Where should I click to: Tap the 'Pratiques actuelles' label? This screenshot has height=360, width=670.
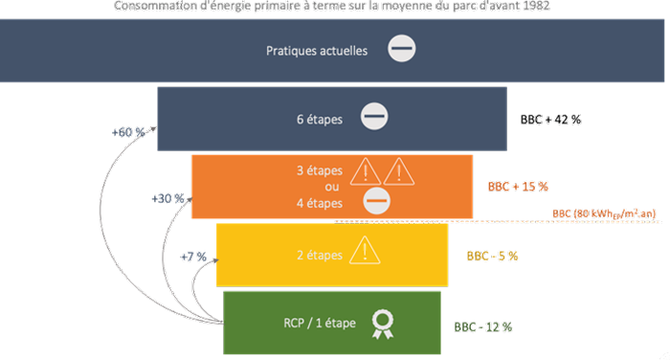tap(316, 50)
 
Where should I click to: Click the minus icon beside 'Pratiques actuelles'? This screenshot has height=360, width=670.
tap(403, 48)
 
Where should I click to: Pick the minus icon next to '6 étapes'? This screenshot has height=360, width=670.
tap(373, 118)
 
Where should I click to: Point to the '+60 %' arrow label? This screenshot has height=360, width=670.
tap(127, 132)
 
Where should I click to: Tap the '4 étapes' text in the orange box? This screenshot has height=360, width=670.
tap(319, 202)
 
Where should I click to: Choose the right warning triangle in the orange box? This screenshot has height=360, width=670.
tap(398, 171)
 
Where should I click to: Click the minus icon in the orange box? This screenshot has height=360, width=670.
tap(377, 200)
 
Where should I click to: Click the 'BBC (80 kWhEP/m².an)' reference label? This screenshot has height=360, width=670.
tap(604, 214)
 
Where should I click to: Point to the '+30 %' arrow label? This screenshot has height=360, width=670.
tap(168, 198)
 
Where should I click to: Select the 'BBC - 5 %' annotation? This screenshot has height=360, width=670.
tap(492, 256)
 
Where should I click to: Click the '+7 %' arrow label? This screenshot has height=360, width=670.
tap(193, 258)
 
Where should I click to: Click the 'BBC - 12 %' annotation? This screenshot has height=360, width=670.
tap(483, 326)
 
